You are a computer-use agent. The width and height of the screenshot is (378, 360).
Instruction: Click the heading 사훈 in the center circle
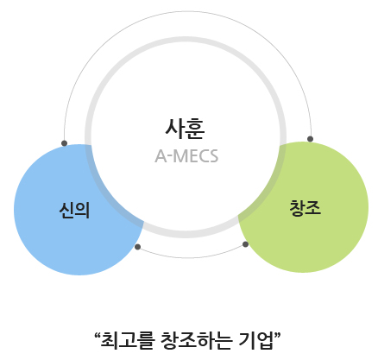(x=185, y=129)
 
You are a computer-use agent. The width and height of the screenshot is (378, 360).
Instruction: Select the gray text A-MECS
(x=186, y=156)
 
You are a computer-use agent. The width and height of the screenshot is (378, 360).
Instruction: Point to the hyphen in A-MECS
(x=170, y=158)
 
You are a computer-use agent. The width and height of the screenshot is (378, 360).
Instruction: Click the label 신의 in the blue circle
(x=74, y=210)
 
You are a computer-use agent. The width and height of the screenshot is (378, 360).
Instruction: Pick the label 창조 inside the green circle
(x=305, y=207)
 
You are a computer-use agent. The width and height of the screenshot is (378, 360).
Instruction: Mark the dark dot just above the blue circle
(x=65, y=143)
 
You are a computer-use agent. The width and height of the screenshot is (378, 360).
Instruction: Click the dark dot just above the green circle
(x=310, y=139)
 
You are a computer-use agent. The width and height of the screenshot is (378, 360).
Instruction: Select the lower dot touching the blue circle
(x=137, y=247)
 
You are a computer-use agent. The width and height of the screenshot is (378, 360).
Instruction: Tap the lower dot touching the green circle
(x=245, y=244)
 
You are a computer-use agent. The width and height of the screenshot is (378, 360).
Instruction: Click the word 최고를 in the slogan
(x=128, y=340)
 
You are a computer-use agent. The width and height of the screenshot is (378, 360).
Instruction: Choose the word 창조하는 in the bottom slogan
(x=196, y=340)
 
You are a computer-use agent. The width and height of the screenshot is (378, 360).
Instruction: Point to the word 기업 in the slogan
(x=255, y=340)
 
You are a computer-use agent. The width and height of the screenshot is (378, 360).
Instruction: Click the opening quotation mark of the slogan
(x=98, y=335)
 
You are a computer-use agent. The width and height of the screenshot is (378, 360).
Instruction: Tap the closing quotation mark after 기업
(x=277, y=335)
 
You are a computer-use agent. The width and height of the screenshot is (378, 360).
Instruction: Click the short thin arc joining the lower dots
(x=192, y=257)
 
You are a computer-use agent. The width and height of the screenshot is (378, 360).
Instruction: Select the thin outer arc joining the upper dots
(x=187, y=11)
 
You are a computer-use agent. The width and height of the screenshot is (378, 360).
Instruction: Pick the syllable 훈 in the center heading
(x=195, y=129)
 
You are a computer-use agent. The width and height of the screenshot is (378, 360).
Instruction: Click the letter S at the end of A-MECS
(x=214, y=156)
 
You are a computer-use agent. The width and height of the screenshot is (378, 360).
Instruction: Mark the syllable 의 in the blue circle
(x=83, y=210)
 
